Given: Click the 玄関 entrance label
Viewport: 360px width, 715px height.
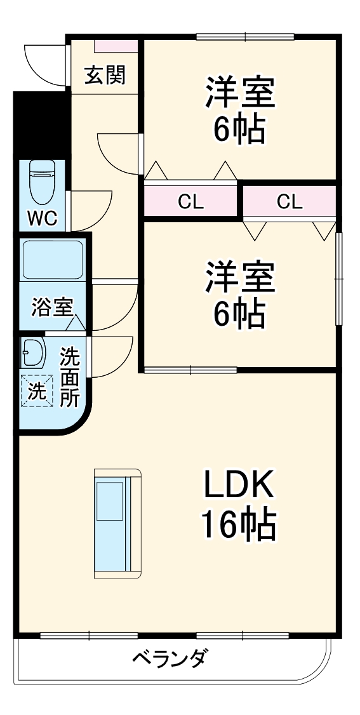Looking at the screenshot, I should [x=105, y=75].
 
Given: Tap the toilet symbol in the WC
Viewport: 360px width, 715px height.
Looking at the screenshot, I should [x=43, y=181].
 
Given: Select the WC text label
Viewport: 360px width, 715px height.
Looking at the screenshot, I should [x=42, y=219].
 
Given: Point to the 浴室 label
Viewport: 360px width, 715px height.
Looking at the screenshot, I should [x=51, y=307].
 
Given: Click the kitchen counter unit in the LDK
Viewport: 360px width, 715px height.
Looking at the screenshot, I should [x=117, y=524].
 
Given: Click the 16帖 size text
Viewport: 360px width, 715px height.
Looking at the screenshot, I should [x=238, y=525].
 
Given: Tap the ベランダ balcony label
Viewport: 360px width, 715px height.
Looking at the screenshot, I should [x=169, y=658].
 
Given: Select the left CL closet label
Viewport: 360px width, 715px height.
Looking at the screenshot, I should [x=190, y=202].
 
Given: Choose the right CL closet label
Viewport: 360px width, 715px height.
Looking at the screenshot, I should [x=290, y=202].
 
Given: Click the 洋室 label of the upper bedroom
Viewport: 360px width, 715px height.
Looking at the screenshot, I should [x=239, y=93].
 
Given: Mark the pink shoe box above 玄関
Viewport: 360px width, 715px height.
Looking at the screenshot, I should [x=116, y=46].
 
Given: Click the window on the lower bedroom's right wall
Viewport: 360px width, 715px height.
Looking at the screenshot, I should [x=339, y=279].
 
